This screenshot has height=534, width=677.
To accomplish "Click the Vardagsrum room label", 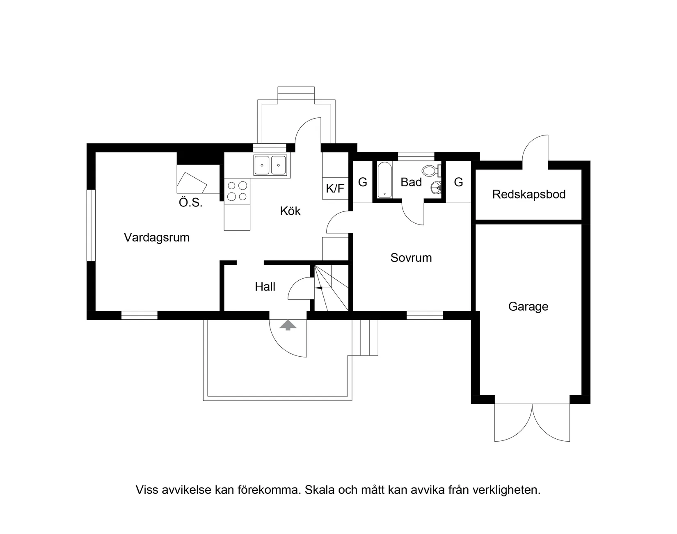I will coord(157,237).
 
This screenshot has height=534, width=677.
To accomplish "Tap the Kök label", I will coord(290,211).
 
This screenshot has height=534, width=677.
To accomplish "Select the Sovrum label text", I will coord(411,258).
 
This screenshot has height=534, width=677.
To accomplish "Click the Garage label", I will coord(528,307).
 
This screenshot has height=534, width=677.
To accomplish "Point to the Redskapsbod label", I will coord(528,194).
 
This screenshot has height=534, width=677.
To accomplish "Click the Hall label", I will coord(265,286).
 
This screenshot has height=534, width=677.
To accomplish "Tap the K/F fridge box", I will coord(335,188).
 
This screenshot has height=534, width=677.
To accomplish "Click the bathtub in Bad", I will coord(384,180).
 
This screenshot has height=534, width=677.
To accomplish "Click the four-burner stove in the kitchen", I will coord(237,191).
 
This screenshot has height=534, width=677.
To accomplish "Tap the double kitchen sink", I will coord(270,165).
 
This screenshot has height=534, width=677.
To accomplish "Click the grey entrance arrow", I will coord(288,325).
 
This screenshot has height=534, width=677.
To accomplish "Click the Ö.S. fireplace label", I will coord(190,202).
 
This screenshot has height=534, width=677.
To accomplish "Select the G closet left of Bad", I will coord(362,182).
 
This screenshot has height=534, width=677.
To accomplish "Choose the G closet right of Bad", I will coord(458,182).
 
